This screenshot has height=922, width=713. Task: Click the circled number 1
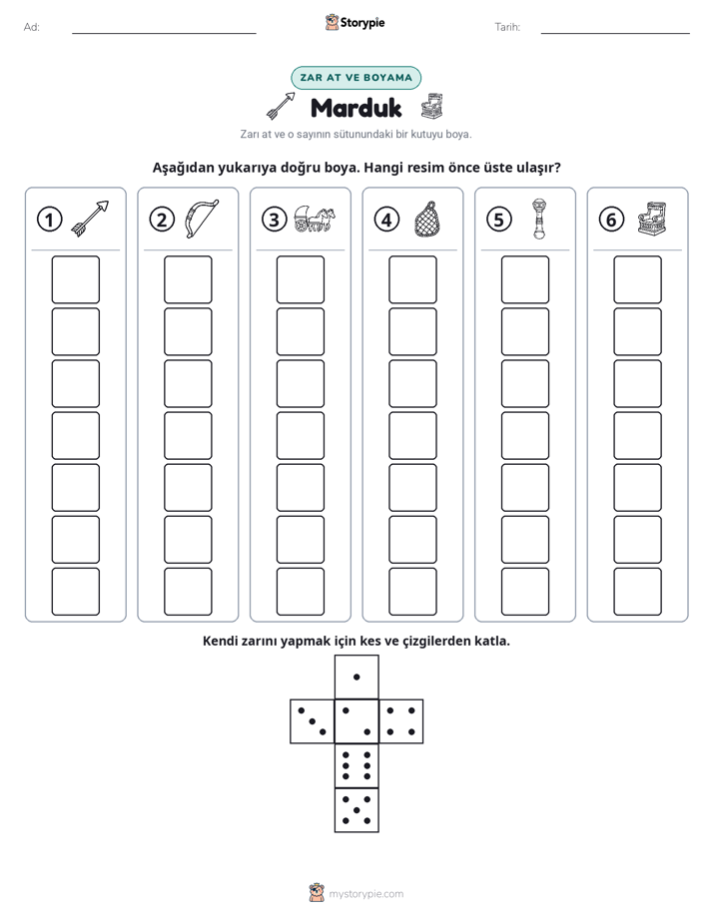point(49,220)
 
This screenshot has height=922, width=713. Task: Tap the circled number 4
point(386,220)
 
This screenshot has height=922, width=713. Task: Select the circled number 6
point(611,220)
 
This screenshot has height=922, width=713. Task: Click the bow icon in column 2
point(201,219)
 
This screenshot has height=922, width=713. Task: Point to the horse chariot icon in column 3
point(315,219)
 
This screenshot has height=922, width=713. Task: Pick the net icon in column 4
point(427,219)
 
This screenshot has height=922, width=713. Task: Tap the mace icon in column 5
point(539,219)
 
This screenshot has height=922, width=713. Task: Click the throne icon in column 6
point(652,219)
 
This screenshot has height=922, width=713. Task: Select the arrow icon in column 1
point(90,219)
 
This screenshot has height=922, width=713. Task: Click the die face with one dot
point(356,677)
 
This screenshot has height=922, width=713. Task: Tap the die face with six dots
point(356,765)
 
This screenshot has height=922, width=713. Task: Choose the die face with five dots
point(356,809)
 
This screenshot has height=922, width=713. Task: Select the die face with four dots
point(401,721)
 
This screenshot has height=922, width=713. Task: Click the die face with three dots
point(313,721)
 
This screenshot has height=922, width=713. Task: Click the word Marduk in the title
point(356,108)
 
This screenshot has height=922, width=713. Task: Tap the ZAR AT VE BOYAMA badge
point(356,78)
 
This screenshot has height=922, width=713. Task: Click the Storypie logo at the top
point(355,22)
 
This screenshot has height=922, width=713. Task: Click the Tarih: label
point(507,27)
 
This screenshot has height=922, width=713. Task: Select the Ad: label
point(32,27)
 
